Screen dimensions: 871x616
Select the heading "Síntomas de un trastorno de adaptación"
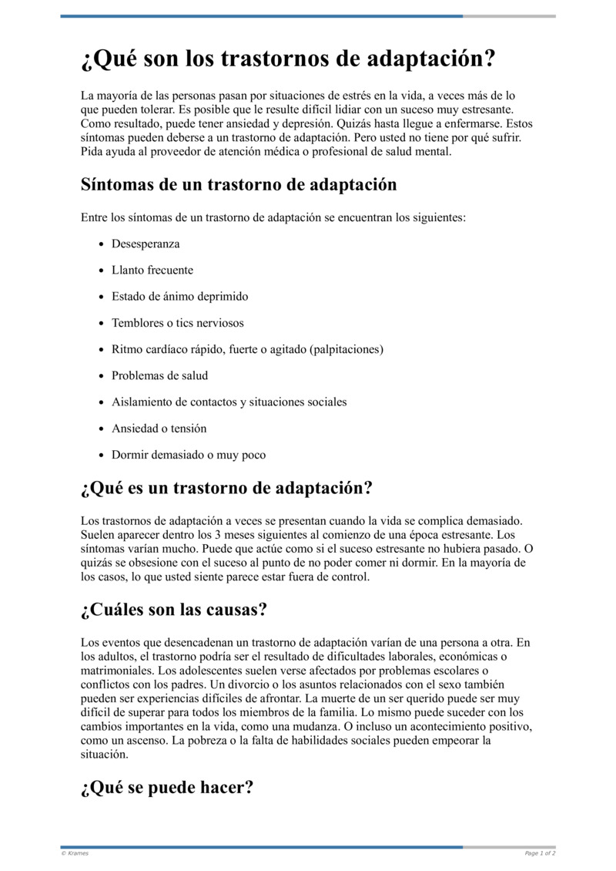[x=239, y=185]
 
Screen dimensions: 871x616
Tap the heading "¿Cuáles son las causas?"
[x=174, y=610]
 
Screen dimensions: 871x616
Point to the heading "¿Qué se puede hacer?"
[x=167, y=789]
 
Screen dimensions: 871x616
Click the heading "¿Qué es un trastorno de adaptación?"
[x=226, y=489]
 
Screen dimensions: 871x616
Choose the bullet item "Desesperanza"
[x=146, y=244]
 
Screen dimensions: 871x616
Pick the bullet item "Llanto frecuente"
[x=152, y=271]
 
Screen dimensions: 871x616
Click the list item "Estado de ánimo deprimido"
[x=180, y=297]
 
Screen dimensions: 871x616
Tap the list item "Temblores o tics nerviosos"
[x=178, y=323]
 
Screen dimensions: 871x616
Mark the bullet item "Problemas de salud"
[x=159, y=375]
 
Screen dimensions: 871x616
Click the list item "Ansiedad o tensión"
[x=159, y=429]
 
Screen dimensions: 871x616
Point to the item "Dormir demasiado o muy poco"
[x=189, y=455]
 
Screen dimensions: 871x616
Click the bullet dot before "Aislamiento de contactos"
[x=102, y=402]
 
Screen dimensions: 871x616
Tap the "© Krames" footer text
[x=75, y=853]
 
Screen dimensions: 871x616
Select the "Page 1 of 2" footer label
[x=540, y=853]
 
